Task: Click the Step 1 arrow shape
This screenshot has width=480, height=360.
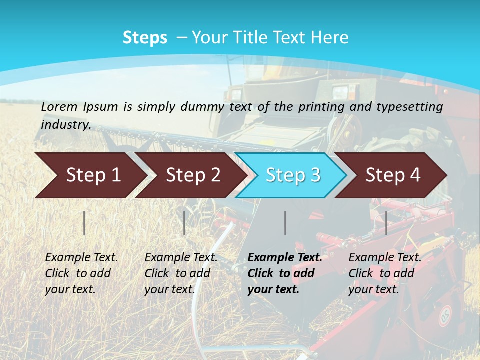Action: pyautogui.click(x=90, y=175)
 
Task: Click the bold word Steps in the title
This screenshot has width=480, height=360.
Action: pyautogui.click(x=145, y=38)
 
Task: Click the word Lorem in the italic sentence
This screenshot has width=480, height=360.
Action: pyautogui.click(x=59, y=106)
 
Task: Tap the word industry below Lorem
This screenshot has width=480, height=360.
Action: pyautogui.click(x=66, y=124)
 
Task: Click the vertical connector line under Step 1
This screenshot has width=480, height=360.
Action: pyautogui.click(x=84, y=223)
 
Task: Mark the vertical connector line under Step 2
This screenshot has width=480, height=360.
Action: pyautogui.click(x=184, y=223)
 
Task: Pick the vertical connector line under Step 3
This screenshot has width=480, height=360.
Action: pyautogui.click(x=285, y=223)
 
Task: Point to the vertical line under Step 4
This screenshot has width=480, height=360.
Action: pyautogui.click(x=386, y=223)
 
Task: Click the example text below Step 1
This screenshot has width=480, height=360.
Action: pyautogui.click(x=81, y=273)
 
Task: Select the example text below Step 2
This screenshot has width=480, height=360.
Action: pyautogui.click(x=181, y=273)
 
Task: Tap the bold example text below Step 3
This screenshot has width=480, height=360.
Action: pyautogui.click(x=284, y=273)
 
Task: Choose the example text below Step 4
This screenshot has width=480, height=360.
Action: pyautogui.click(x=385, y=273)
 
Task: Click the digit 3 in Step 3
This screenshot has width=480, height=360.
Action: pyautogui.click(x=315, y=175)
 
